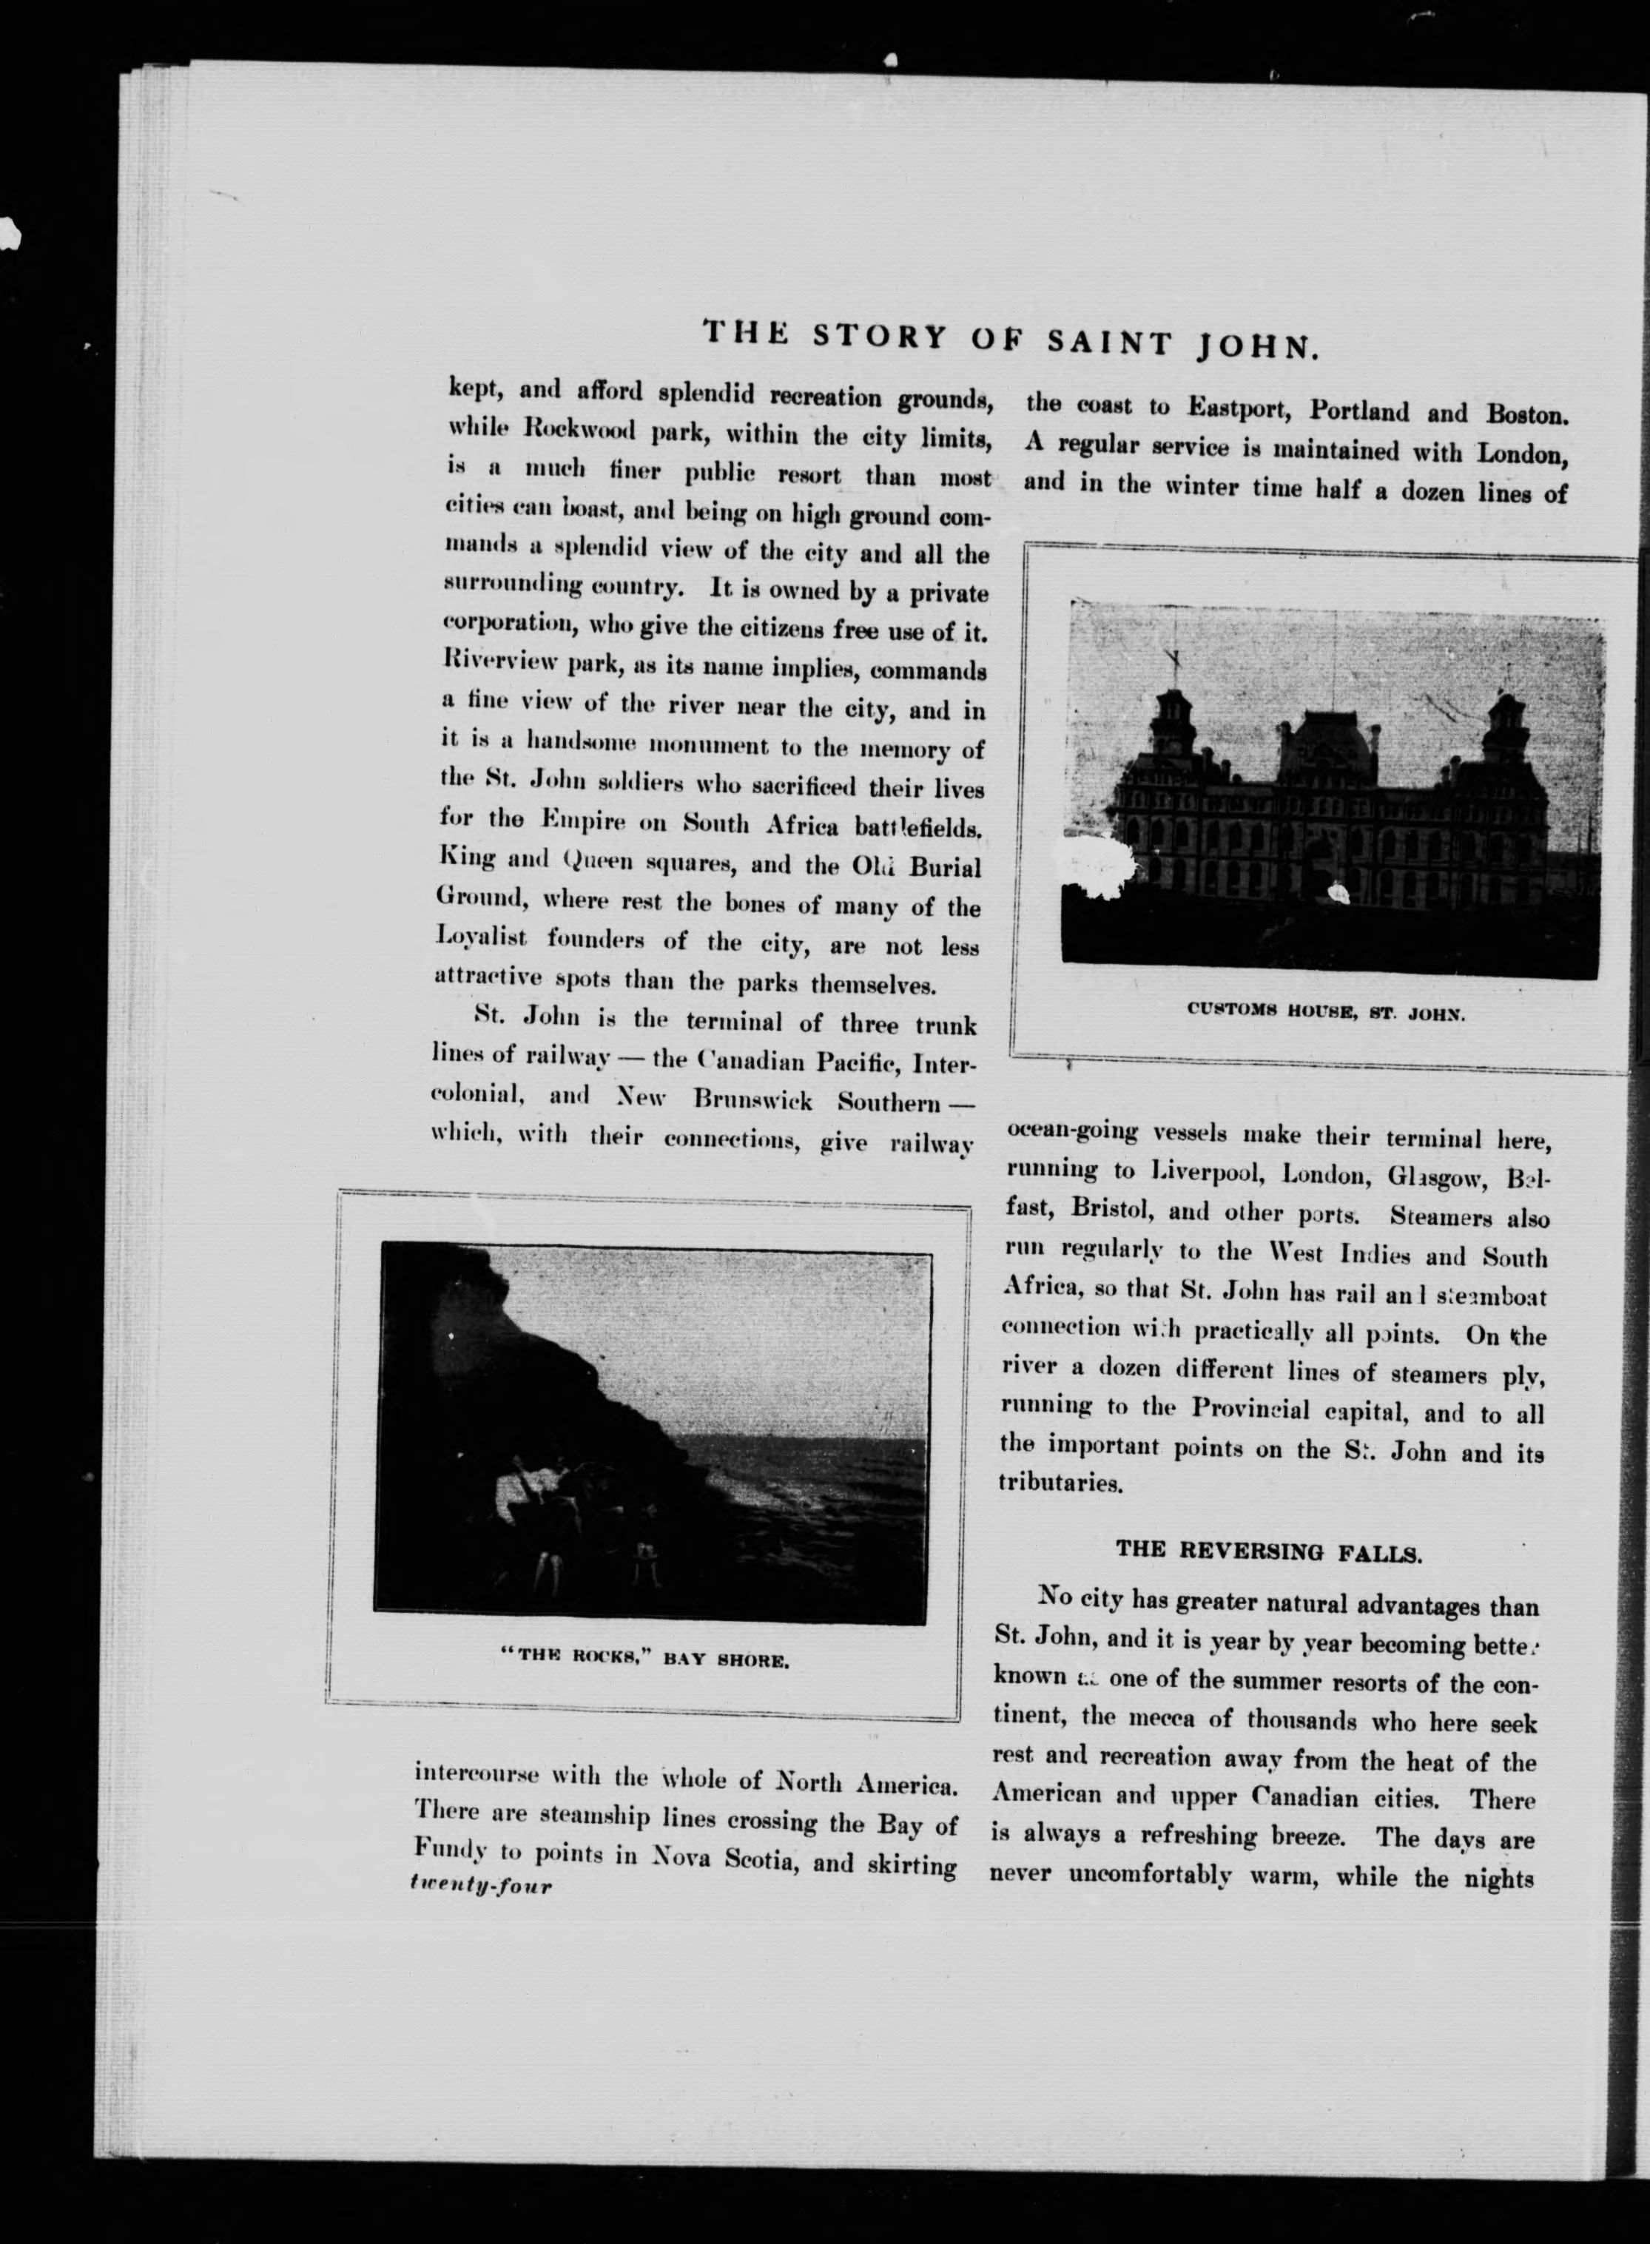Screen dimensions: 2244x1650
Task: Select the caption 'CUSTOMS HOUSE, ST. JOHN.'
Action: (x=1325, y=1011)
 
